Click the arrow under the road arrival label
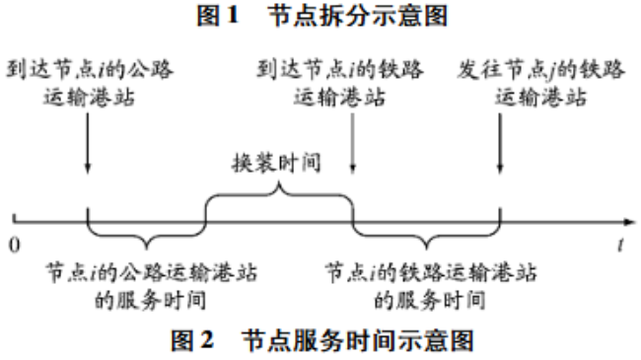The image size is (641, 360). click(x=87, y=138)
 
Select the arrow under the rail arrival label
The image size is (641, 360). click(x=352, y=138)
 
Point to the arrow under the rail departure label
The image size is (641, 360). click(x=501, y=138)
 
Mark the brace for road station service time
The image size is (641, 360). click(x=146, y=238)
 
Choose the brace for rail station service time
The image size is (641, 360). click(x=426, y=238)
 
